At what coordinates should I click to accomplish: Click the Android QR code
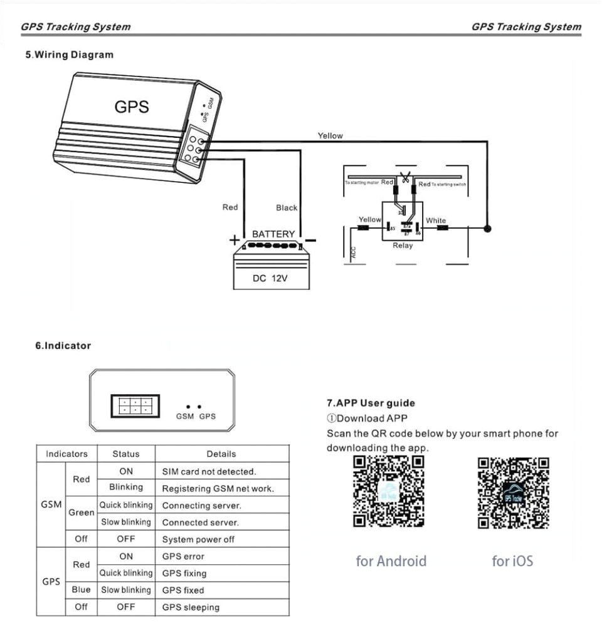(x=389, y=492)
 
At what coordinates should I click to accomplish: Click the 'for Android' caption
(x=391, y=561)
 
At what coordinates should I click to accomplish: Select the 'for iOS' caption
(x=512, y=561)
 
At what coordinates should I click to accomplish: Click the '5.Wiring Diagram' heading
(x=69, y=55)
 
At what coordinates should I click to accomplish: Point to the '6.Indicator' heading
(x=63, y=346)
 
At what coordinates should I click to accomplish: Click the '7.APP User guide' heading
(x=371, y=403)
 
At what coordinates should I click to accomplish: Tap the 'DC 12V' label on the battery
(x=270, y=278)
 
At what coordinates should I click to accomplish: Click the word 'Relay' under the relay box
(x=403, y=246)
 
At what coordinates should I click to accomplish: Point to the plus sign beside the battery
(x=234, y=240)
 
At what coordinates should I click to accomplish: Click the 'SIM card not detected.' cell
(x=209, y=471)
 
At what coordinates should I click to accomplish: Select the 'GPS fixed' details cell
(x=183, y=590)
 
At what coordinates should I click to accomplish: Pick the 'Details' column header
(x=221, y=454)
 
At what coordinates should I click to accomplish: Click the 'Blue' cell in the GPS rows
(x=81, y=590)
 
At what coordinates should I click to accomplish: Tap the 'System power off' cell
(x=198, y=539)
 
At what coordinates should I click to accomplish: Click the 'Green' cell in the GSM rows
(x=82, y=512)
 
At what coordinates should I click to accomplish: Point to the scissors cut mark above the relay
(x=406, y=179)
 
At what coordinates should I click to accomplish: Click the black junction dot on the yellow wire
(x=487, y=228)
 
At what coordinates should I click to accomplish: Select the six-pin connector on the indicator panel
(x=135, y=405)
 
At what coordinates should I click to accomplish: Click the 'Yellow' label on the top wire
(x=330, y=136)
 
